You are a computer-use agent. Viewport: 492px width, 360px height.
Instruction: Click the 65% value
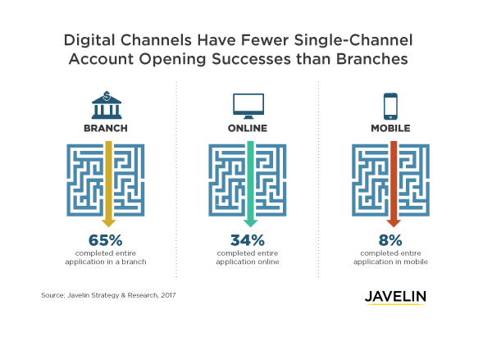click(105, 240)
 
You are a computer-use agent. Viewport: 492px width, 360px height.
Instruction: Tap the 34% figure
click(247, 240)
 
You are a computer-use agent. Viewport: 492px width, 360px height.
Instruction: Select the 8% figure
click(390, 240)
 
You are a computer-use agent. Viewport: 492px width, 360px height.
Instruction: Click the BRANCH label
click(105, 130)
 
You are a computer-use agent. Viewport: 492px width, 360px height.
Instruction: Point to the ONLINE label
click(248, 130)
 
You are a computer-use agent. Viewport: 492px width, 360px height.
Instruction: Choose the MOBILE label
click(390, 130)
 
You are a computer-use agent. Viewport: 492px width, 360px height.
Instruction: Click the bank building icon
click(105, 106)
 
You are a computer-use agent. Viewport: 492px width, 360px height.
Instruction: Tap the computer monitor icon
click(248, 105)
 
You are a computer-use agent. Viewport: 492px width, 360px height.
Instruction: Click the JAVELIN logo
click(395, 298)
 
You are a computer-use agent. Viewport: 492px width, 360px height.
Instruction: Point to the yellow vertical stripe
click(108, 180)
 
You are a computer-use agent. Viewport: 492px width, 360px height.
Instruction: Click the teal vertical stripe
click(251, 180)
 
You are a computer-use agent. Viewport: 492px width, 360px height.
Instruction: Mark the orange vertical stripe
click(394, 180)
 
